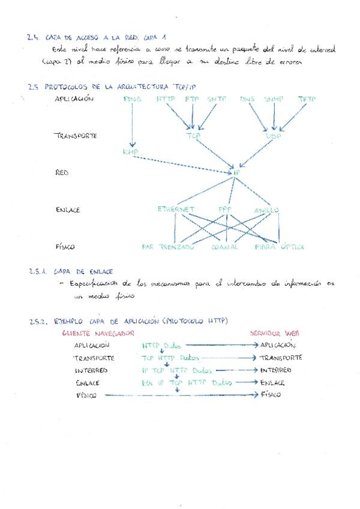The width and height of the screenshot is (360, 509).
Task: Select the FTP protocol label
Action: [x=192, y=98]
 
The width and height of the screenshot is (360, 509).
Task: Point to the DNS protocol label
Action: [x=247, y=98]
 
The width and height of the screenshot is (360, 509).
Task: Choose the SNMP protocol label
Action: [x=273, y=98]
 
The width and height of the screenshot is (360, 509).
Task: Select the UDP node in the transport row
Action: [x=274, y=136]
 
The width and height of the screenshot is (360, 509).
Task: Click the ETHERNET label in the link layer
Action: [x=176, y=209]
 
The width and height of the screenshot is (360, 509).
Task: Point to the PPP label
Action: [x=225, y=209]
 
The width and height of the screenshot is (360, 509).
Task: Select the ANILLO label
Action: [x=266, y=210]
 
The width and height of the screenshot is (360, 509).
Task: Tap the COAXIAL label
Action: [x=226, y=247]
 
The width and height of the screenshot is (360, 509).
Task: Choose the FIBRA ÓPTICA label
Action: [x=280, y=247]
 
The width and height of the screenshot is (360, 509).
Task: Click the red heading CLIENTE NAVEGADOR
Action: [x=97, y=333]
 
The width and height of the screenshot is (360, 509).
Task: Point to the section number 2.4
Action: [x=33, y=37]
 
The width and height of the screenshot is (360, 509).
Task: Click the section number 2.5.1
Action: [x=37, y=272]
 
